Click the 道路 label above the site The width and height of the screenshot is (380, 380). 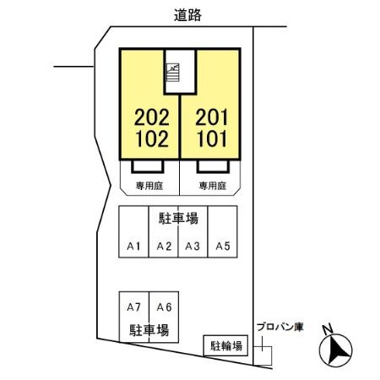tap(187, 15)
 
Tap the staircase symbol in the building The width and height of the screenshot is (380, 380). tap(172, 73)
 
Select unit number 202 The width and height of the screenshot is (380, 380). tap(152, 117)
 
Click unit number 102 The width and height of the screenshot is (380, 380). tap(152, 138)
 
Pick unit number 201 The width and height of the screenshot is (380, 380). tap(211, 117)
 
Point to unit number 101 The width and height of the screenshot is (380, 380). tap(212, 138)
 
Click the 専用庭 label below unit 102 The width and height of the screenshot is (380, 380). tap(149, 186)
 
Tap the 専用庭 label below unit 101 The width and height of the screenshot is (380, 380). tap(213, 186)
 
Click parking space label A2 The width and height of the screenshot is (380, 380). tap(164, 247)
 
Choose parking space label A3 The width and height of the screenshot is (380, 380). tap(193, 247)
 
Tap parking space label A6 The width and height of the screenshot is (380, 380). tap(164, 307)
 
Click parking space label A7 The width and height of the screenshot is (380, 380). tap(133, 307)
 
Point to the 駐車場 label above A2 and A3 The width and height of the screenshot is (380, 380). tap(178, 219)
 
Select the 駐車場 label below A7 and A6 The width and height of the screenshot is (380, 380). tap(149, 330)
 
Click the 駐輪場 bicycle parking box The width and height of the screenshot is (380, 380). tap(225, 345)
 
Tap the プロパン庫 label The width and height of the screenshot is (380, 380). tap(280, 327)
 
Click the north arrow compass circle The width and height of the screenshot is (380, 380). tap(335, 350)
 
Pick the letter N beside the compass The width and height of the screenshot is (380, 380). tap(328, 329)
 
